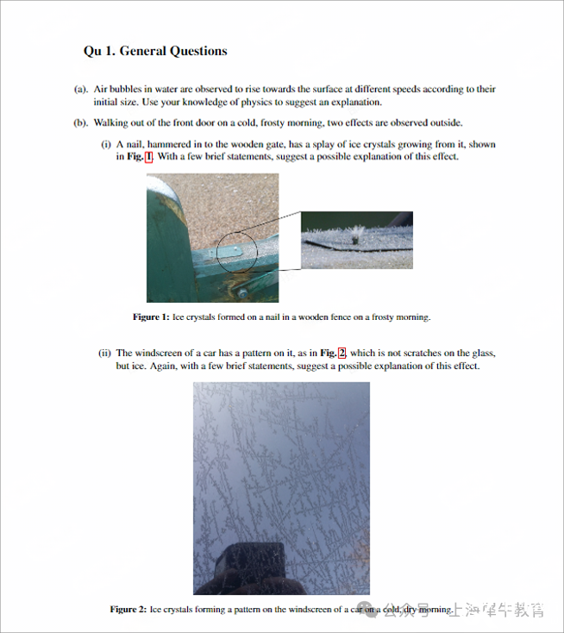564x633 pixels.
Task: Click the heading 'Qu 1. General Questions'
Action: [x=155, y=51]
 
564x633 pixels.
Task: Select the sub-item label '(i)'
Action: [x=106, y=144]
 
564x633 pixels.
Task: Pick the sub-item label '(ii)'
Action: [x=104, y=353]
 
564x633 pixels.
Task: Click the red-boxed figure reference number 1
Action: [x=148, y=157]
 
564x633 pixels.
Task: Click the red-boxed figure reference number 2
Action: [x=342, y=353]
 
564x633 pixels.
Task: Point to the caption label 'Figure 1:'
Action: [x=151, y=317]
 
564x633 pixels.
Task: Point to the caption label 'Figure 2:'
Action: [x=128, y=610]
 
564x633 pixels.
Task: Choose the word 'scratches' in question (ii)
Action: [x=424, y=353]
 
